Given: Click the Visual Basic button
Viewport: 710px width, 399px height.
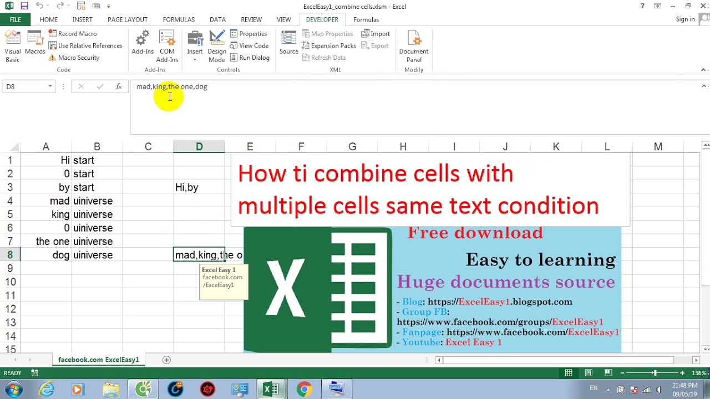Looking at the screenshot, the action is point(13,46).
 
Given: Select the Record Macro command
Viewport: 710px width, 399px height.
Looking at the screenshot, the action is point(73,34).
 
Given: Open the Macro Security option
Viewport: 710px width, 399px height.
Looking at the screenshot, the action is point(74,58).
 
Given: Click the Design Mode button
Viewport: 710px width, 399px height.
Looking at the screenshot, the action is point(217,46).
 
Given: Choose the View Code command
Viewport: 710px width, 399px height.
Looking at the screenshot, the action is point(249,45).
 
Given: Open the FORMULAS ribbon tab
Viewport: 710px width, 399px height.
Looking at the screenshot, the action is point(179,19).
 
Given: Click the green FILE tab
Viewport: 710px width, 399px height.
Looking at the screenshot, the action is point(15,19).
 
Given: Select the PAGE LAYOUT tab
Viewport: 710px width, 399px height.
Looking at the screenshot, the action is point(128,19).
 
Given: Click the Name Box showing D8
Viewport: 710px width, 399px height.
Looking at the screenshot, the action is point(29,86).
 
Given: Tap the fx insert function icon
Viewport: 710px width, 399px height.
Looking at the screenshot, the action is point(119,86).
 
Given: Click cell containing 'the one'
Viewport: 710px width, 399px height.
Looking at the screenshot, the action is point(46,241).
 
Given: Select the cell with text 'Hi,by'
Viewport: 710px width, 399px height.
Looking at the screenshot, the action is point(199,187).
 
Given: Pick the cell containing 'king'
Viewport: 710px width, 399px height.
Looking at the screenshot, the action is point(46,214).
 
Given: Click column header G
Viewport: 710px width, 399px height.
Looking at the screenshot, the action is point(352,147).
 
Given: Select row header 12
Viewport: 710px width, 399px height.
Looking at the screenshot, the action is point(11,309).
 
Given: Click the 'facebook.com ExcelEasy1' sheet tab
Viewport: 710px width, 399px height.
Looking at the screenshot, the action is point(99,360).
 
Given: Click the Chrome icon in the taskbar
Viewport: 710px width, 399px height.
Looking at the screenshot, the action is point(304,389).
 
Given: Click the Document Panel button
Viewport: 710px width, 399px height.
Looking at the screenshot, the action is point(414,46).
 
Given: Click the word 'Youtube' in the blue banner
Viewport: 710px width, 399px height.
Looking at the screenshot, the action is point(421,342).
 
